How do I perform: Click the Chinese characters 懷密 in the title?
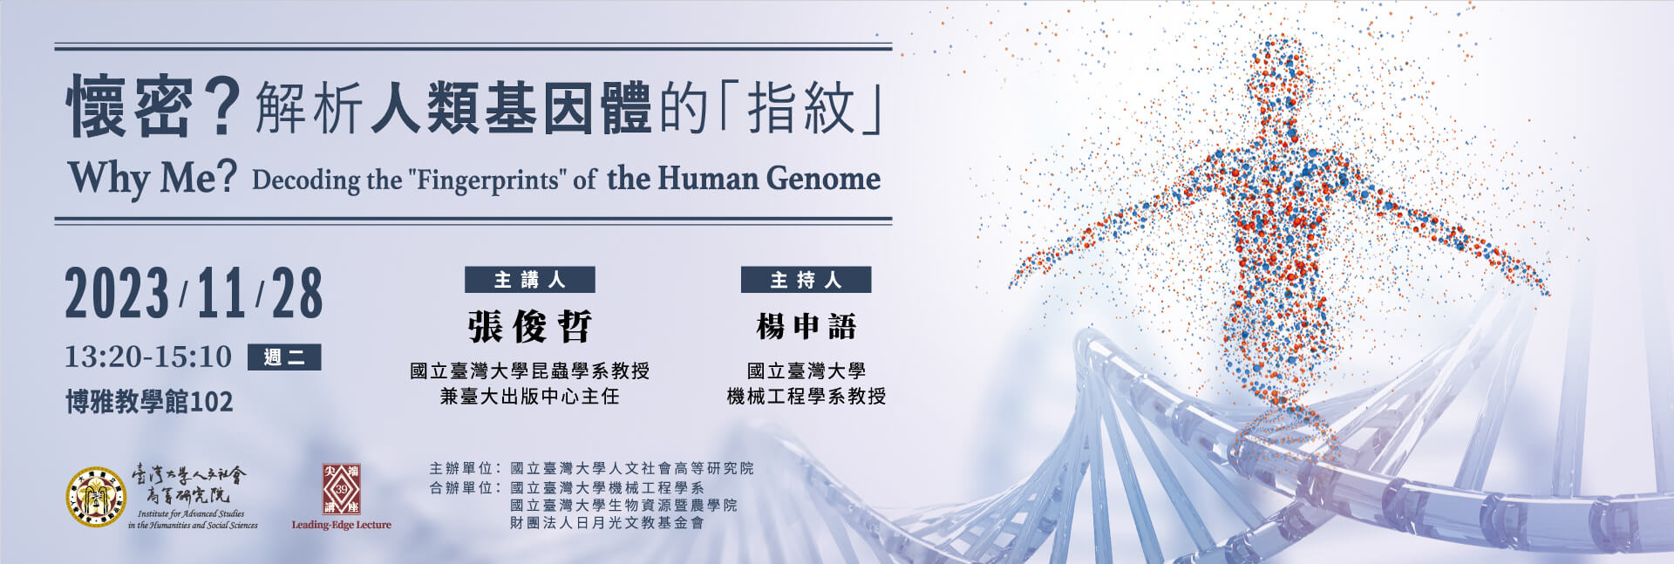[x=130, y=106]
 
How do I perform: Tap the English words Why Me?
[x=153, y=178]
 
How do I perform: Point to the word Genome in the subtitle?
[x=823, y=179]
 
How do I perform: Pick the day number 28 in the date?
[x=297, y=294]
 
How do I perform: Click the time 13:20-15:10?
[x=148, y=357]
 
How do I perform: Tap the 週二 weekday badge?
[x=284, y=357]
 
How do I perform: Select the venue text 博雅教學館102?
[x=150, y=402]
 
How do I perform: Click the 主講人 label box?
[x=530, y=280]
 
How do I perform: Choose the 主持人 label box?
[x=806, y=280]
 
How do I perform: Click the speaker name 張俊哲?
[x=530, y=327]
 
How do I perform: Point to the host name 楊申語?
[x=806, y=327]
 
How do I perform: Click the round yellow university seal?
[x=96, y=498]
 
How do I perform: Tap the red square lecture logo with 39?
[x=341, y=489]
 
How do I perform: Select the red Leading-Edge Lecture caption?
[x=341, y=525]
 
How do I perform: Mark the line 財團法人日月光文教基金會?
[x=607, y=523]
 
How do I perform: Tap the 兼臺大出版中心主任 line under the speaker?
[x=530, y=397]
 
